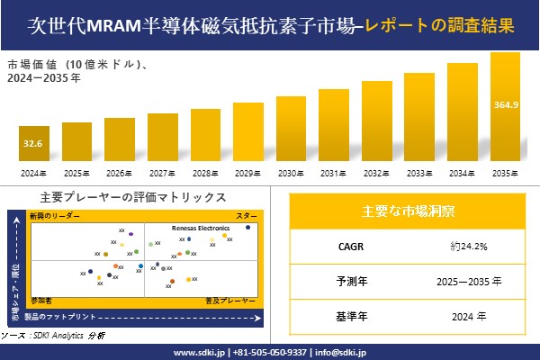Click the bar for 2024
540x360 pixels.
(33, 145)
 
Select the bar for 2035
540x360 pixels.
(506, 108)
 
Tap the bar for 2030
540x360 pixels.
(292, 130)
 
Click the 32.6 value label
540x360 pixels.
(33, 143)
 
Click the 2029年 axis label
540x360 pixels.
(248, 173)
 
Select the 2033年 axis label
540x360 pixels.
(420, 173)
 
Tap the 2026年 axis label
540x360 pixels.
(120, 173)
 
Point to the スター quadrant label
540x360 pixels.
(247, 217)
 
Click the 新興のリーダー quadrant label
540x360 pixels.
(55, 217)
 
